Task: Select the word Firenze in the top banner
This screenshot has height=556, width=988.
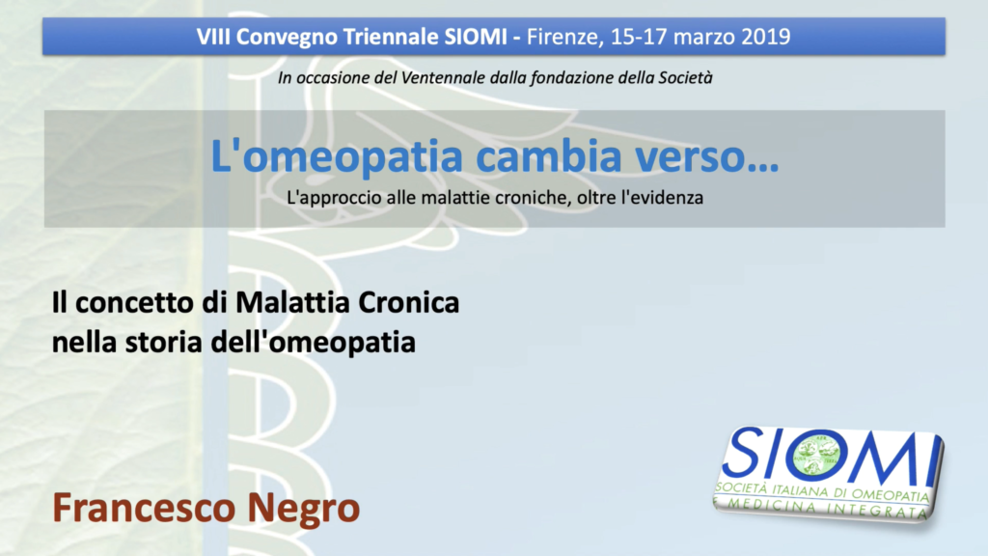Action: [563, 38]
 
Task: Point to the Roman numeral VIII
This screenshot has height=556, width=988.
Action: [213, 37]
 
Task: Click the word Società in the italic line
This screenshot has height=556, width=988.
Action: [686, 77]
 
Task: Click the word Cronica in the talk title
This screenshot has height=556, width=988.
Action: [408, 302]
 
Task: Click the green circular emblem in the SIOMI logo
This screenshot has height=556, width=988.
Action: [816, 455]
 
